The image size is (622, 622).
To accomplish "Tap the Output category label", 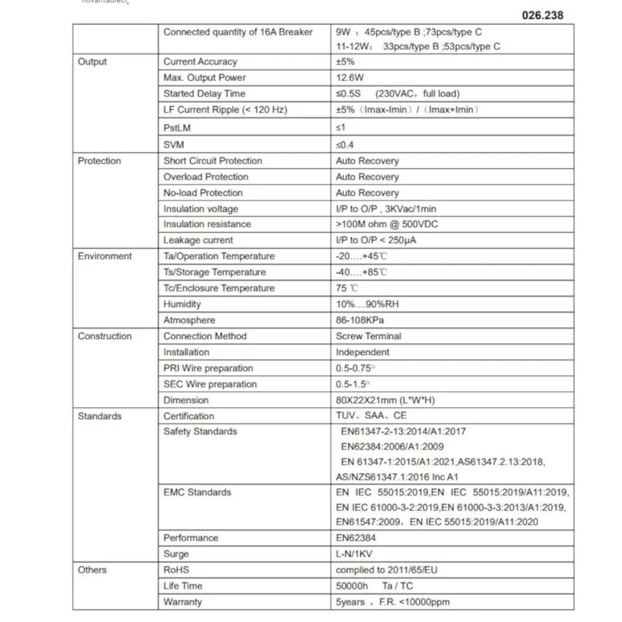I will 92,62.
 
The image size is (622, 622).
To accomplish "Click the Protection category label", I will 100,160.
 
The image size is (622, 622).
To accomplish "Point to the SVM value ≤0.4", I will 345,145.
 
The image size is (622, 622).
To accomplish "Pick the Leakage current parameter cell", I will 198,240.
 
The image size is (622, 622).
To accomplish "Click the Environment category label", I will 104,256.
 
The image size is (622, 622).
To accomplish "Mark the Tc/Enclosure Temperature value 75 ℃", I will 347,288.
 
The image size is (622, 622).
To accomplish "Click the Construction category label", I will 104,336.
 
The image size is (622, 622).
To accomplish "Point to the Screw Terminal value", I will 368,336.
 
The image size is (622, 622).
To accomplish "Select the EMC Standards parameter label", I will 197,492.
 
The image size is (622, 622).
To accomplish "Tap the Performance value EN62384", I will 356,538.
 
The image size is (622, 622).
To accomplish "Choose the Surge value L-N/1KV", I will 354,554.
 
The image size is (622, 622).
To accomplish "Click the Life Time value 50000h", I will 353,586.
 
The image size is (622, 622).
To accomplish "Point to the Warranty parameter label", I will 182,602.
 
